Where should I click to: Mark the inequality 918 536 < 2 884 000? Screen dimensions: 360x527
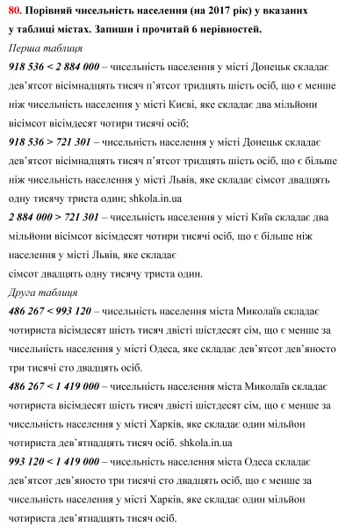point(53,69)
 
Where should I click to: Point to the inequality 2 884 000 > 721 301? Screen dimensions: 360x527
point(53,215)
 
